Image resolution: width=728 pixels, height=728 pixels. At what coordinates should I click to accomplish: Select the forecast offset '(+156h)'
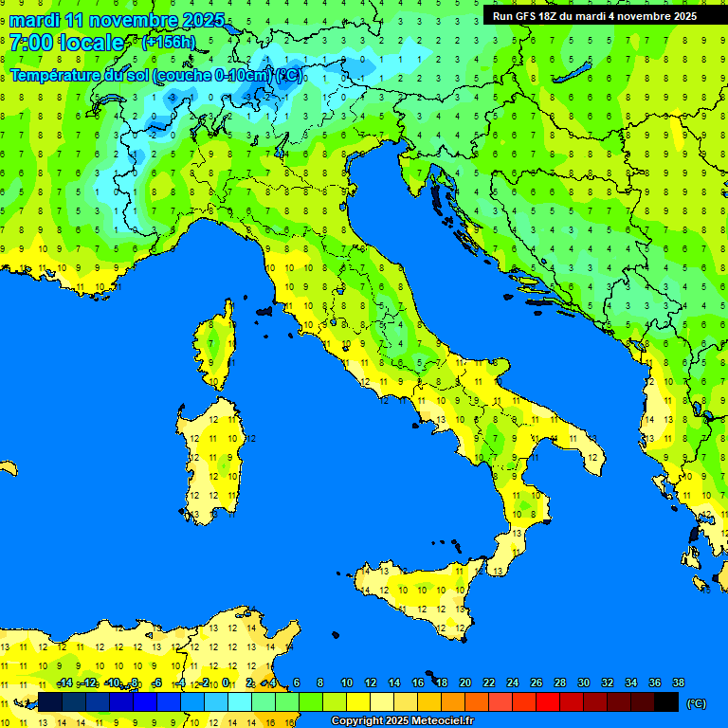(x=168, y=43)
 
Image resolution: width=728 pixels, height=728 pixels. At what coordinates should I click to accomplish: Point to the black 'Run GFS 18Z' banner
(x=594, y=16)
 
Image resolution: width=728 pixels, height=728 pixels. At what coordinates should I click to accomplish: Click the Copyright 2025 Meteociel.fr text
(x=402, y=721)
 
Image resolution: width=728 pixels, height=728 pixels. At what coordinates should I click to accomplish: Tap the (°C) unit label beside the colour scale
(x=696, y=703)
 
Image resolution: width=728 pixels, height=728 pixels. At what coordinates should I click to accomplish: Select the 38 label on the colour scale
(x=678, y=683)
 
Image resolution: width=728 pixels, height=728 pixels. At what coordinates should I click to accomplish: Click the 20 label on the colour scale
(x=464, y=683)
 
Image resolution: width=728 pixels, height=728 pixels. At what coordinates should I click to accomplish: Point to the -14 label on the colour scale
(x=64, y=683)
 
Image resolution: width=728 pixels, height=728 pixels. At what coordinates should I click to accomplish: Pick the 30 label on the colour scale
(x=583, y=683)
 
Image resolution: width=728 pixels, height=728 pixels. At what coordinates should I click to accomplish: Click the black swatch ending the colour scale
(x=666, y=702)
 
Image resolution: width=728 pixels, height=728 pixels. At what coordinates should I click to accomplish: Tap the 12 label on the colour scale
(x=371, y=683)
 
